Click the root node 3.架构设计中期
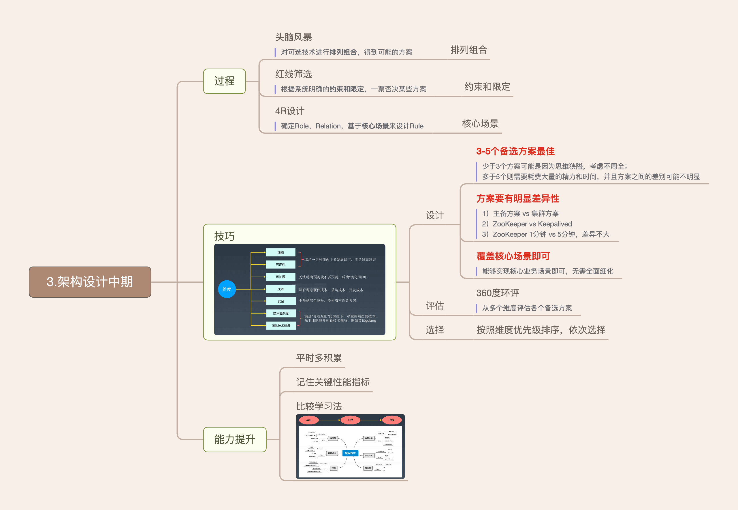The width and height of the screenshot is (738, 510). coord(90,282)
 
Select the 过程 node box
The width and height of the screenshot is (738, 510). coord(224,81)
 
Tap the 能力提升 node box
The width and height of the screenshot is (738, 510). coord(235,439)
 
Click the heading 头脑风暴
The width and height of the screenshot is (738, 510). coord(293,37)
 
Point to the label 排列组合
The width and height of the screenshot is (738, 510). coord(468,50)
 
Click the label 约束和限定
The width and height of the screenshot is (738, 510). coord(487,87)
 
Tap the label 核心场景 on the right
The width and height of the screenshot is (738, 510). coord(480,124)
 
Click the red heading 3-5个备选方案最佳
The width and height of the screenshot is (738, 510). coord(515,152)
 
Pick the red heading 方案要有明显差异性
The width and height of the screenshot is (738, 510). coord(517,199)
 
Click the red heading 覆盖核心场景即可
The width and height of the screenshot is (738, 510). coord(513,256)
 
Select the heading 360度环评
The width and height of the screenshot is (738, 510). coord(497,293)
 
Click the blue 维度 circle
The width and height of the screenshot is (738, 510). coord(227,289)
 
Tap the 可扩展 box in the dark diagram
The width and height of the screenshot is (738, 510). coord(280,277)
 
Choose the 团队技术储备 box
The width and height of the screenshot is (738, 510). coord(280,326)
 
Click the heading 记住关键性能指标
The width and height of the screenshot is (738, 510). coord(333,382)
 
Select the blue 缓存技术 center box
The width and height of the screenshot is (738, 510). coord(350,453)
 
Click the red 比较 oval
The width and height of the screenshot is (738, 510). coord(350,420)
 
